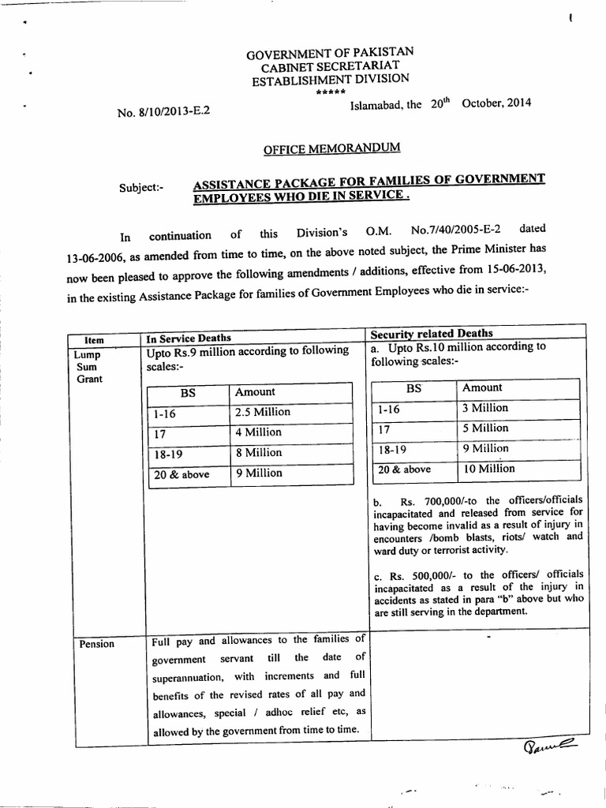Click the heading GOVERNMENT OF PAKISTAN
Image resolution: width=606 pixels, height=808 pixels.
click(x=330, y=54)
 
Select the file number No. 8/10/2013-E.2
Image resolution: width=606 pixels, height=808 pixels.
click(x=163, y=111)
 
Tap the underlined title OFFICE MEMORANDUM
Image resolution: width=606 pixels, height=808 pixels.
click(x=331, y=148)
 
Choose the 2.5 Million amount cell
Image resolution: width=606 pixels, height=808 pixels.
click(x=263, y=412)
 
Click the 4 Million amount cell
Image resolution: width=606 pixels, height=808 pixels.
click(x=258, y=432)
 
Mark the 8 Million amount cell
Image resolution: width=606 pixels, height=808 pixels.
click(x=258, y=453)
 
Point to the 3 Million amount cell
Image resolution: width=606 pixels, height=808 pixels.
click(x=485, y=408)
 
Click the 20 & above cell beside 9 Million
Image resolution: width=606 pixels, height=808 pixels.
click(x=179, y=474)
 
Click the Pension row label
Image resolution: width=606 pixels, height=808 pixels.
click(x=96, y=644)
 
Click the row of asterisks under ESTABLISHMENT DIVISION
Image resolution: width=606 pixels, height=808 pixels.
click(x=328, y=92)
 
